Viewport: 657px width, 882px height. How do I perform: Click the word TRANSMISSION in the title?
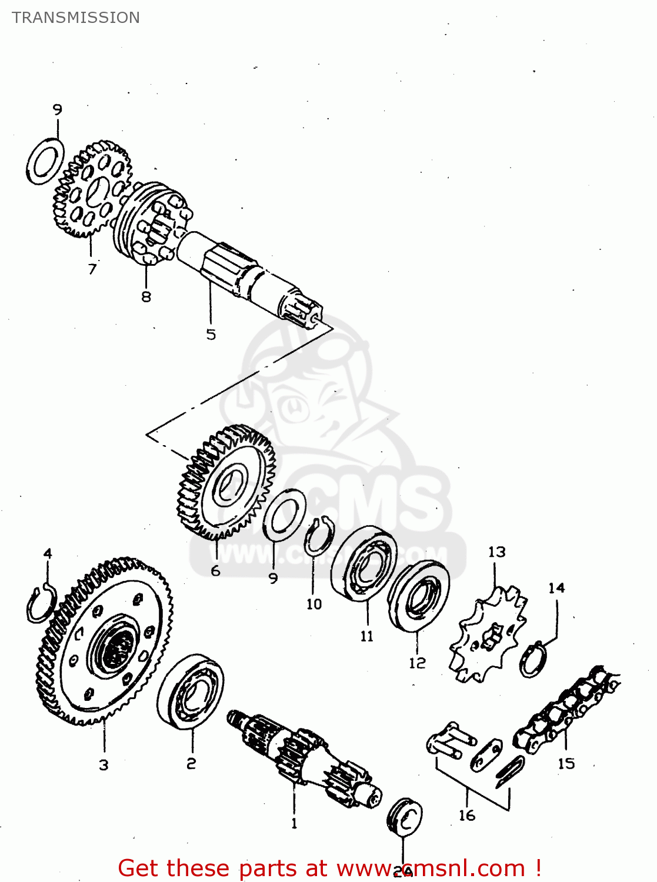click(76, 18)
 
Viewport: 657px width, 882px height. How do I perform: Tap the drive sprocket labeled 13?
click(488, 635)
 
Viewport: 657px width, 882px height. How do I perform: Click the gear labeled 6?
click(226, 482)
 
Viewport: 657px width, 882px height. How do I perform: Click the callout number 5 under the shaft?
click(211, 335)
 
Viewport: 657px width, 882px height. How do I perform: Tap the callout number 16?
click(467, 816)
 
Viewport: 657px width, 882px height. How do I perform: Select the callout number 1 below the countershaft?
click(294, 824)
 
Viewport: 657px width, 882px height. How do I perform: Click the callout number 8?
click(146, 297)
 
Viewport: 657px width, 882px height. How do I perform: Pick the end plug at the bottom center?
click(405, 817)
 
